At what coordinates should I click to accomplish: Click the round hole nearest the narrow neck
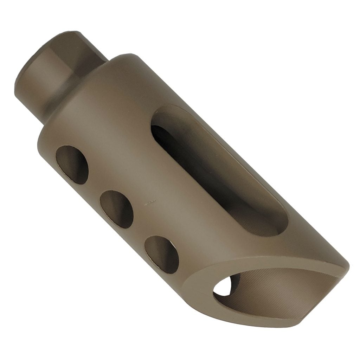pos(72,165)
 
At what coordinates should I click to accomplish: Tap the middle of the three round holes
pos(116,209)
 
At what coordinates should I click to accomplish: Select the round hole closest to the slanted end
pos(161,254)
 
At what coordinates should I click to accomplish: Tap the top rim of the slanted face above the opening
pos(281,262)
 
